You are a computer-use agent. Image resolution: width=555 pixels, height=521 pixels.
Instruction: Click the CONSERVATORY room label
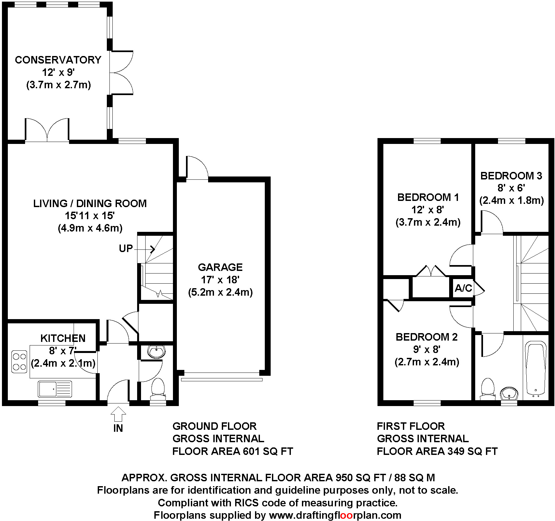(x=58, y=60)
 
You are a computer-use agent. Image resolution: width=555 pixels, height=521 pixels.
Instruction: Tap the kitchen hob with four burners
(x=19, y=361)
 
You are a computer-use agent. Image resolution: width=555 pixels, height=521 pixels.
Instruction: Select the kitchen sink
(x=55, y=389)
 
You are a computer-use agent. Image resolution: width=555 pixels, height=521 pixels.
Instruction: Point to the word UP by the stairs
(x=126, y=249)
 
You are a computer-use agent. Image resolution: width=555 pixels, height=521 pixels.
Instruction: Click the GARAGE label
(x=220, y=267)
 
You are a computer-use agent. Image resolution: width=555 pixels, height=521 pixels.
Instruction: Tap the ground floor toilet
(x=158, y=388)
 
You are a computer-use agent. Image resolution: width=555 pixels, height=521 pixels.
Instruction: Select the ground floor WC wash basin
(x=156, y=352)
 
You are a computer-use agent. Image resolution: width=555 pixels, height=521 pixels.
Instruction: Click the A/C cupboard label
(x=463, y=288)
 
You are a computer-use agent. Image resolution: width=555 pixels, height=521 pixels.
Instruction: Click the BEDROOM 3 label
(x=511, y=176)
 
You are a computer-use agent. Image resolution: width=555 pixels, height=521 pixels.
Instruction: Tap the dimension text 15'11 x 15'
(x=90, y=216)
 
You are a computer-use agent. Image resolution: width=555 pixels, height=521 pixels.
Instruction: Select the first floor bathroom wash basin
(x=509, y=393)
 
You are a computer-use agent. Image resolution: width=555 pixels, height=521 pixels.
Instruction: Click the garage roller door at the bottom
(x=221, y=379)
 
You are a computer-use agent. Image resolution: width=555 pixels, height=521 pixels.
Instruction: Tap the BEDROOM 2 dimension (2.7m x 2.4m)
(x=427, y=362)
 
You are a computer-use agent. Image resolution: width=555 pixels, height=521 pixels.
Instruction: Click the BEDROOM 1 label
(x=428, y=197)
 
